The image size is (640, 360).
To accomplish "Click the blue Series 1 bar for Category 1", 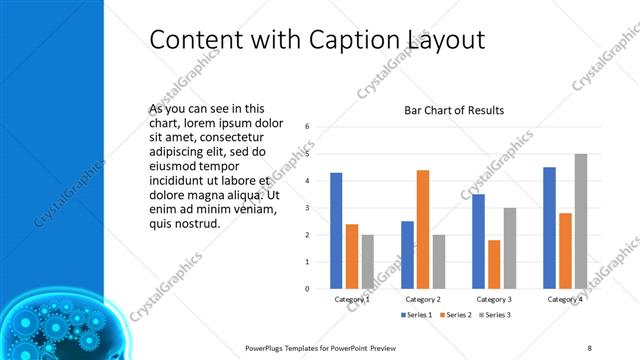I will tap(336, 231).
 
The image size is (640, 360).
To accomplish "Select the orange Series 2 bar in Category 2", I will tap(423, 229).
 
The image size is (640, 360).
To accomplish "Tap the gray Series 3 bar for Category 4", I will tap(580, 221).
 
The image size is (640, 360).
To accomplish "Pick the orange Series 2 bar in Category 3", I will tap(494, 264).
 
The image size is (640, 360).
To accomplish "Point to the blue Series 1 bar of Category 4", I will tap(549, 228).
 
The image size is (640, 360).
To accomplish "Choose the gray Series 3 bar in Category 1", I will tap(367, 262).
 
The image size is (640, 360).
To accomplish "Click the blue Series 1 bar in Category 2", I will tap(407, 255).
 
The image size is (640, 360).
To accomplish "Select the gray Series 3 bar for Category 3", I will tap(509, 248).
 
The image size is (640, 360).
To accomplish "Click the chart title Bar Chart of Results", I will tap(454, 110).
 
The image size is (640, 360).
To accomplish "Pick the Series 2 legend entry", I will tap(455, 315).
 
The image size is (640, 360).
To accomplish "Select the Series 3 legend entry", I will tap(494, 315).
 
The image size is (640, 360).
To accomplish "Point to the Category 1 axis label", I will tap(352, 299).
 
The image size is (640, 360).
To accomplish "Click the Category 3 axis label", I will tap(494, 299).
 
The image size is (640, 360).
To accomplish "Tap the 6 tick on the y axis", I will tap(308, 127).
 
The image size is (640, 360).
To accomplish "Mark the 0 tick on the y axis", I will tap(308, 289).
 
